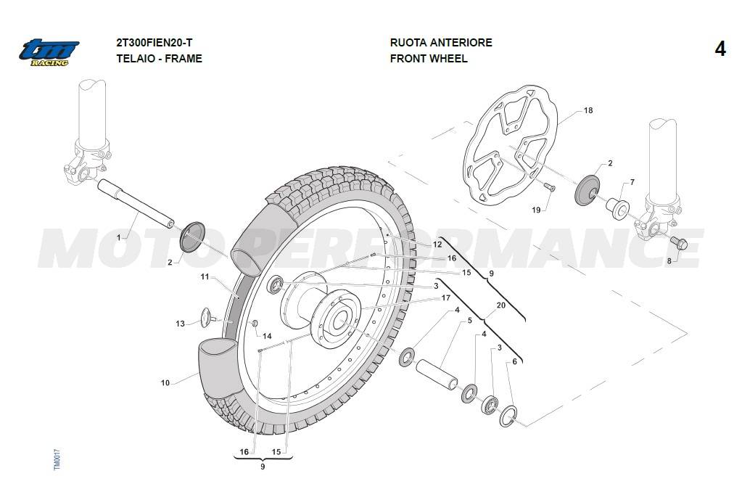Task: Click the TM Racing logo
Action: [49, 52]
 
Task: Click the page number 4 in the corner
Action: [720, 49]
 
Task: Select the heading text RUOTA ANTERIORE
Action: [441, 43]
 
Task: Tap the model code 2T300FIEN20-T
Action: [154, 43]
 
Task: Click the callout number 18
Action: [588, 111]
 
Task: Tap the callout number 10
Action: [165, 382]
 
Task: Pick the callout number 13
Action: [180, 324]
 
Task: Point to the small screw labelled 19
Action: [550, 188]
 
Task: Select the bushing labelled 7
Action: [619, 208]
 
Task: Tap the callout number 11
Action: [205, 276]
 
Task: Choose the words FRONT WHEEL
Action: [429, 59]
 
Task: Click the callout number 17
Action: [445, 297]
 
